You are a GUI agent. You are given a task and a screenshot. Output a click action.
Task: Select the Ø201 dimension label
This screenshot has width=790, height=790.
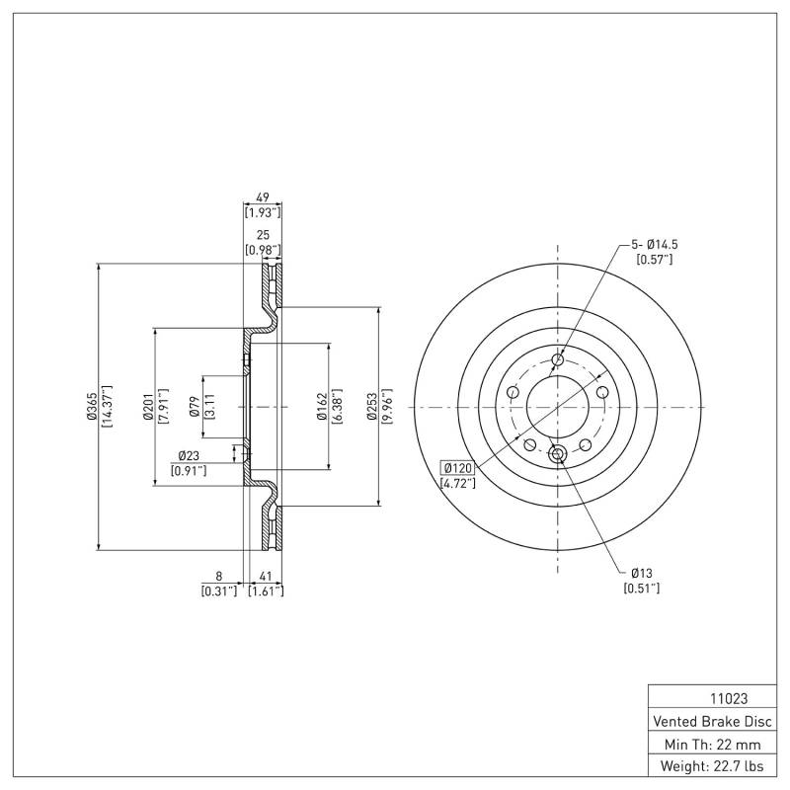point(147,407)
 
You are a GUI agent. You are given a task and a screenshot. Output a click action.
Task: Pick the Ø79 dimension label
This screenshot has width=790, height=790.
point(195,407)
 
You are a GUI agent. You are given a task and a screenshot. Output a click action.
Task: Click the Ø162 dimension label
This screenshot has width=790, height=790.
point(322,407)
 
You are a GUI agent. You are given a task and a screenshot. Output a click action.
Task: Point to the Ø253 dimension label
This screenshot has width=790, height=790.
point(371,407)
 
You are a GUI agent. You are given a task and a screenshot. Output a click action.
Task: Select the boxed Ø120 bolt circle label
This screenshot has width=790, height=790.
point(459,467)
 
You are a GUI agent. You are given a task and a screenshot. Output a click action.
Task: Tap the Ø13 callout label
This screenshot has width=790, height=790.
point(641,573)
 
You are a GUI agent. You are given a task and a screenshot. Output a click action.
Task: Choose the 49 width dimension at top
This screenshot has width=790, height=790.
point(263,197)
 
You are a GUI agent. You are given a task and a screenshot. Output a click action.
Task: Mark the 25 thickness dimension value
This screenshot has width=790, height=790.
point(263,235)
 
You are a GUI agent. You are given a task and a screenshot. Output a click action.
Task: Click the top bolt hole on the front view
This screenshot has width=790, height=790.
point(558,360)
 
